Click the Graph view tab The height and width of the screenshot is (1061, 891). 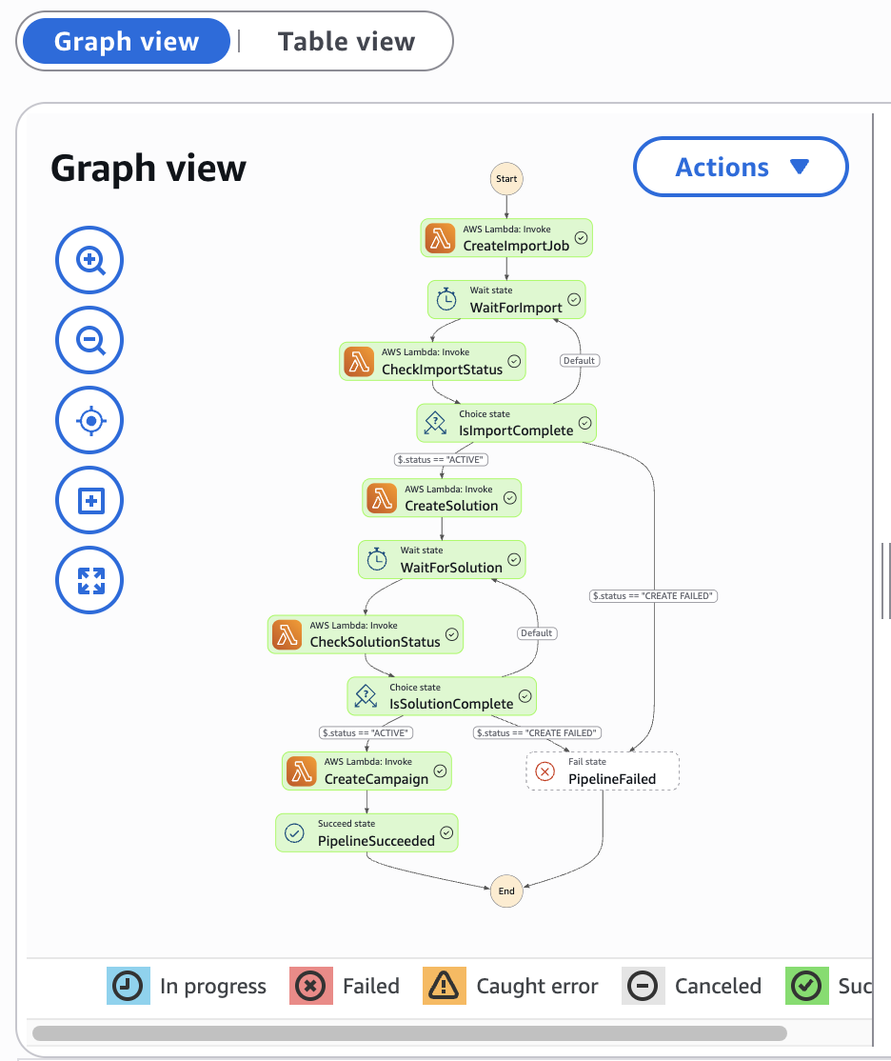point(127,42)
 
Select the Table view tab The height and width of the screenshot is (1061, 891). point(346,42)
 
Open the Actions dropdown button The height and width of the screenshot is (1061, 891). point(741,168)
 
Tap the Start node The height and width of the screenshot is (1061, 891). point(506,178)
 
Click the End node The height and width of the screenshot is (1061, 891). point(506,891)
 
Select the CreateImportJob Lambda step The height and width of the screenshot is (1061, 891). point(506,238)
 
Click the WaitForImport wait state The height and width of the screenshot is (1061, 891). point(506,299)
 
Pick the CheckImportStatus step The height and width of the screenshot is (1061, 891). point(432,362)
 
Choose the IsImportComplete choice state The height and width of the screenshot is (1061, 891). point(506,423)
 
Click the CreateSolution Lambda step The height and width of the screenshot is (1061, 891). point(442,498)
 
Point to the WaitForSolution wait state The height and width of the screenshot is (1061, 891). point(443,560)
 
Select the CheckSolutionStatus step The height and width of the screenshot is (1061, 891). point(366,634)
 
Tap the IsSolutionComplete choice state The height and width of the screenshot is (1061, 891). point(442,696)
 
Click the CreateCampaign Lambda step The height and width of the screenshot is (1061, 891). point(366,771)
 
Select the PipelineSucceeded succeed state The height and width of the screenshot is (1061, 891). point(366,832)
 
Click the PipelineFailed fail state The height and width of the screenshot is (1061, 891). point(603,771)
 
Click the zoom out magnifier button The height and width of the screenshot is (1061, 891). point(90,340)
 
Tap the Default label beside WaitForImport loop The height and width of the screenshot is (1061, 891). point(579,361)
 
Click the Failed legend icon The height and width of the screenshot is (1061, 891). point(309,986)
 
